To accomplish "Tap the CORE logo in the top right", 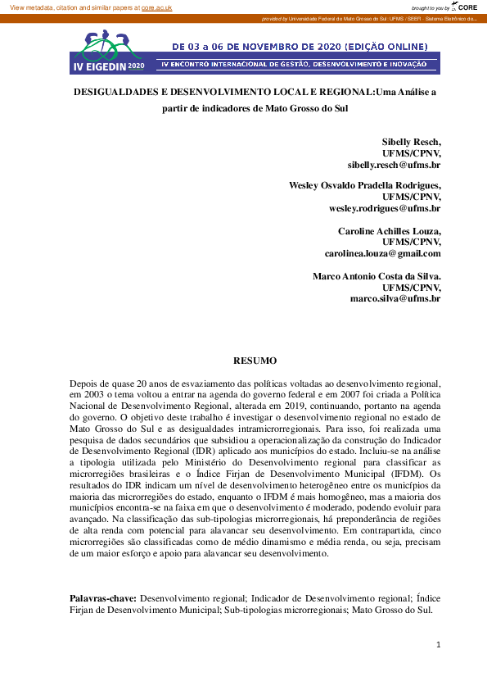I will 467,7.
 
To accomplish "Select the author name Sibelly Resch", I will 411,141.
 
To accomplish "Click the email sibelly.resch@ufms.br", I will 394,164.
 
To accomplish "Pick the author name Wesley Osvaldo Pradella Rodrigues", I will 365,185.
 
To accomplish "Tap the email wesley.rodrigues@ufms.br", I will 385,208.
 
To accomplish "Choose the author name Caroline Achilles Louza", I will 390,231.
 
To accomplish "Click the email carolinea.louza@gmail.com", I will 382,253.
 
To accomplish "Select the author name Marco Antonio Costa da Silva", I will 377,276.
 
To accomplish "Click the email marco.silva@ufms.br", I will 395,299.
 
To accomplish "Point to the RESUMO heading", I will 255,361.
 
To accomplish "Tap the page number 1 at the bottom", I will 439,645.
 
